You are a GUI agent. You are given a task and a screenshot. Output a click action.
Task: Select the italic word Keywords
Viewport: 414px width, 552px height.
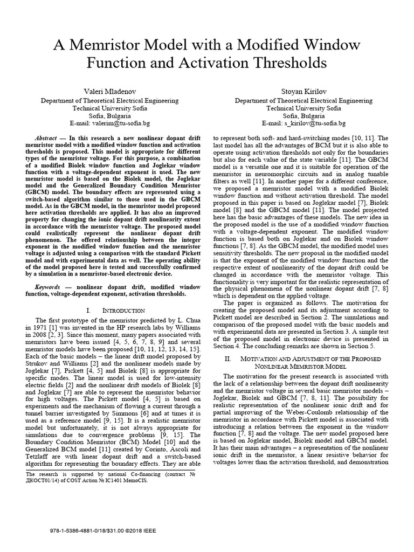pyautogui.click(x=50, y=287)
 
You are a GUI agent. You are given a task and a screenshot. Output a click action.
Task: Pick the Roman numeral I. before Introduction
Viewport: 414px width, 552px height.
pyautogui.click(x=88, y=311)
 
